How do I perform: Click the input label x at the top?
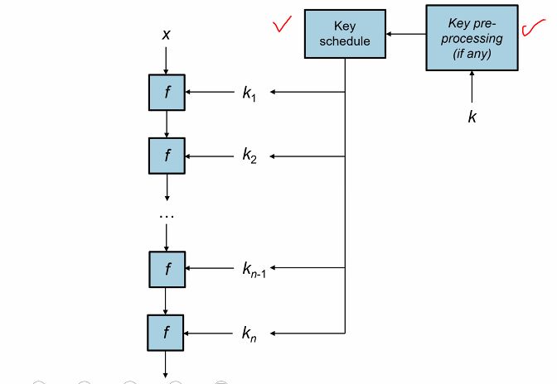[167, 36]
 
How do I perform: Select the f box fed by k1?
[167, 92]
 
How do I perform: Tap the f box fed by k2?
[167, 155]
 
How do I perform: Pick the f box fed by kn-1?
[167, 267]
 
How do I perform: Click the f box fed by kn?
[167, 333]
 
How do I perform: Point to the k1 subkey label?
[249, 93]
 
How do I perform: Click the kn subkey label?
[249, 334]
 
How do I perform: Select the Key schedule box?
[345, 34]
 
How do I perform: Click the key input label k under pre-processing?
[472, 117]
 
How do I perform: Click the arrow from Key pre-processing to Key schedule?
[405, 34]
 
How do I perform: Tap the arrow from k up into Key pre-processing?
[472, 88]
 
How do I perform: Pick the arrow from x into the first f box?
[167, 60]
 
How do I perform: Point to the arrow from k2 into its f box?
[211, 156]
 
